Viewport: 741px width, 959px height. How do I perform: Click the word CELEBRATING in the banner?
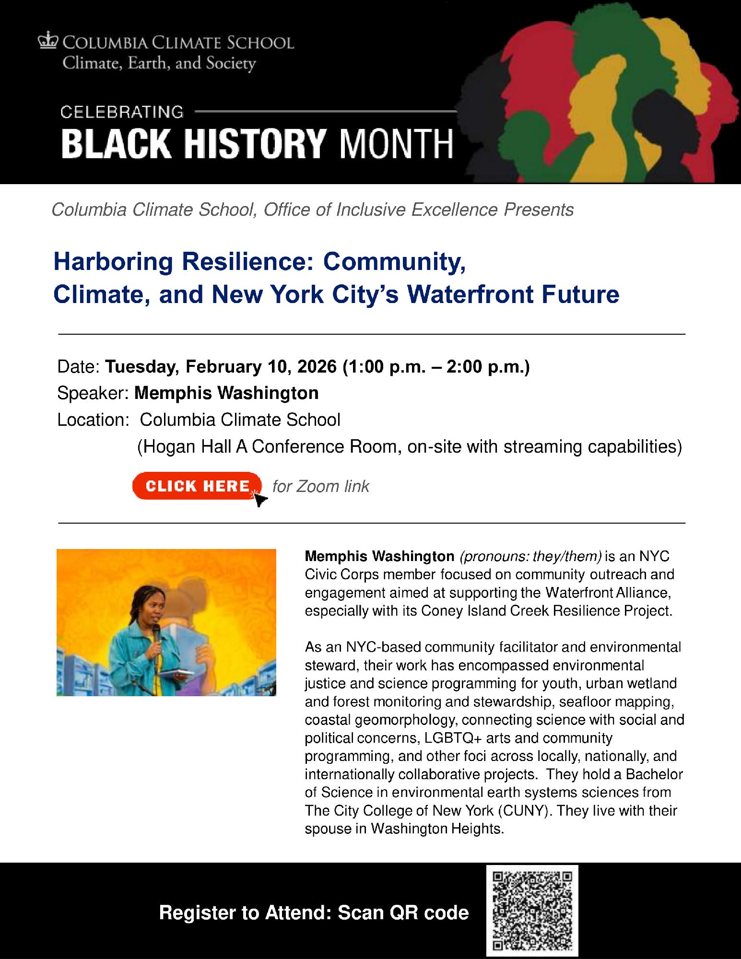(122, 112)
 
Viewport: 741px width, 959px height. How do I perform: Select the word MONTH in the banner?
(396, 143)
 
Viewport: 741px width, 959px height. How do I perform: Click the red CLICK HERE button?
(197, 486)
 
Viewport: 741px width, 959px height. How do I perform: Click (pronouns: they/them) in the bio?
(530, 556)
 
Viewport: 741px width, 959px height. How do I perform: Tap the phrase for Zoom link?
(321, 486)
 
